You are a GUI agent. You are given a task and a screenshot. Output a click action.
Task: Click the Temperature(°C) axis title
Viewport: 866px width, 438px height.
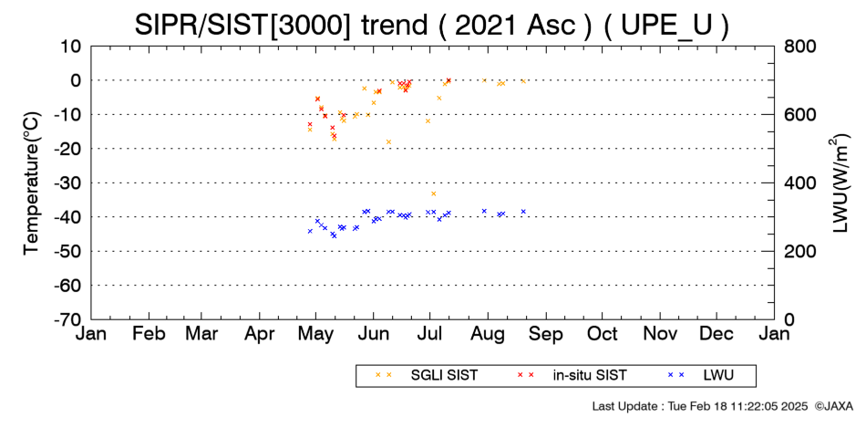click(x=32, y=183)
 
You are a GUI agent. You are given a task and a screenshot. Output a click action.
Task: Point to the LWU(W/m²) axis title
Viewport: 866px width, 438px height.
click(x=839, y=183)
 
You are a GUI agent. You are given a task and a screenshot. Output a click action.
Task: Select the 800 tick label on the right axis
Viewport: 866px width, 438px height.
click(x=800, y=47)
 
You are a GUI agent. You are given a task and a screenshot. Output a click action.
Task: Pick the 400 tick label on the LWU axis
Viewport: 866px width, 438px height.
click(x=800, y=183)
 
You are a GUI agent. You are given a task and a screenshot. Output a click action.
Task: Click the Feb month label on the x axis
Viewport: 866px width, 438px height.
click(x=149, y=334)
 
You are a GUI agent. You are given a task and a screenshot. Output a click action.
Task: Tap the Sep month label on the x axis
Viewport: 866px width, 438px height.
click(x=546, y=335)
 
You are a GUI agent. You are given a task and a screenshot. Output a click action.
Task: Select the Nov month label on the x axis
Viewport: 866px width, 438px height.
click(x=660, y=334)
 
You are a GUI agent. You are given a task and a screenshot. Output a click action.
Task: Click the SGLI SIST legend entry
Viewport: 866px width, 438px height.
click(x=427, y=375)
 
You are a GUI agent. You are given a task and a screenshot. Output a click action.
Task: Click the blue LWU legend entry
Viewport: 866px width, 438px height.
click(x=701, y=375)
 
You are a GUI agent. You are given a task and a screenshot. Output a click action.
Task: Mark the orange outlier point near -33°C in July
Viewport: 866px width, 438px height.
click(x=434, y=193)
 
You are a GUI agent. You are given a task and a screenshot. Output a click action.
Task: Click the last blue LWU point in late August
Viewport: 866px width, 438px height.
click(x=523, y=212)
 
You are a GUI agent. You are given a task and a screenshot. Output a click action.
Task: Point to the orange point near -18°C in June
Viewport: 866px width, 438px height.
click(x=389, y=142)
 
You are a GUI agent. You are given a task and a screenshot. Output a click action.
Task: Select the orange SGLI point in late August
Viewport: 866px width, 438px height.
click(x=523, y=81)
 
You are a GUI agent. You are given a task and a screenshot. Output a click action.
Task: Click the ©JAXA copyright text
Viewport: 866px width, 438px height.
click(x=833, y=406)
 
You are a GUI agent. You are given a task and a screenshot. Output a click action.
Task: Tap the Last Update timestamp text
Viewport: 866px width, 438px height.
click(x=700, y=406)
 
